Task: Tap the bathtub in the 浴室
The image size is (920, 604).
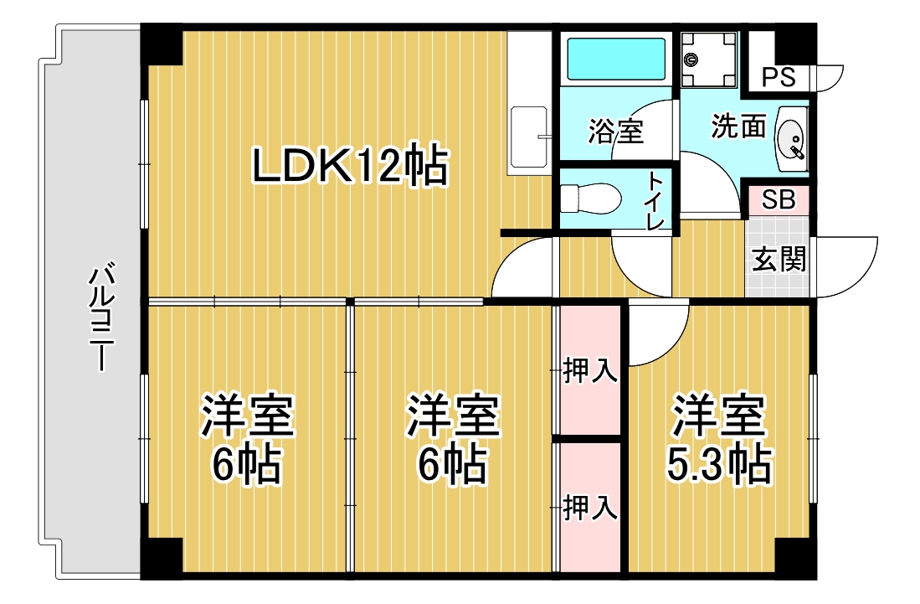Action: (616, 59)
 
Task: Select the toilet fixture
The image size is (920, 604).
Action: (590, 199)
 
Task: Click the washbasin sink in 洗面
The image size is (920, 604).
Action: (792, 139)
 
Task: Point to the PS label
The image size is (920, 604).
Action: (779, 77)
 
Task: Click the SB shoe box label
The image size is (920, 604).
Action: (779, 199)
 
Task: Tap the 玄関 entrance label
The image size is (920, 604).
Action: (779, 258)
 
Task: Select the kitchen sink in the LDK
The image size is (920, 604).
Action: (529, 137)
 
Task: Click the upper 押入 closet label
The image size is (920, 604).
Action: (589, 371)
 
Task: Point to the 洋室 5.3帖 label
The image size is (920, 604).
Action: (719, 438)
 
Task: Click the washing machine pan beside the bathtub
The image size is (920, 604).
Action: (708, 59)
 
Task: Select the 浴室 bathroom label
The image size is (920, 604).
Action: (616, 131)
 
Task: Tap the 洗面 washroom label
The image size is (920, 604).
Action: (738, 126)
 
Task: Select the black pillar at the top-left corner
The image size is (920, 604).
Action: (162, 44)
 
